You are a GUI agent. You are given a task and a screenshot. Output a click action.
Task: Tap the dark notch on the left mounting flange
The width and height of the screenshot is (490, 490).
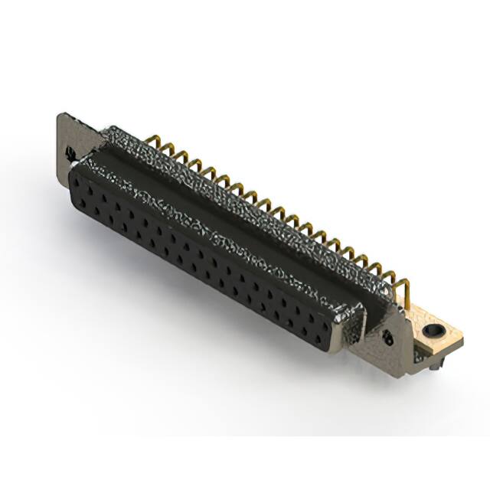tap(71, 151)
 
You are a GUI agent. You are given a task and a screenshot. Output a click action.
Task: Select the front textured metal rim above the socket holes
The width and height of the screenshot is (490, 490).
tap(214, 230)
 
